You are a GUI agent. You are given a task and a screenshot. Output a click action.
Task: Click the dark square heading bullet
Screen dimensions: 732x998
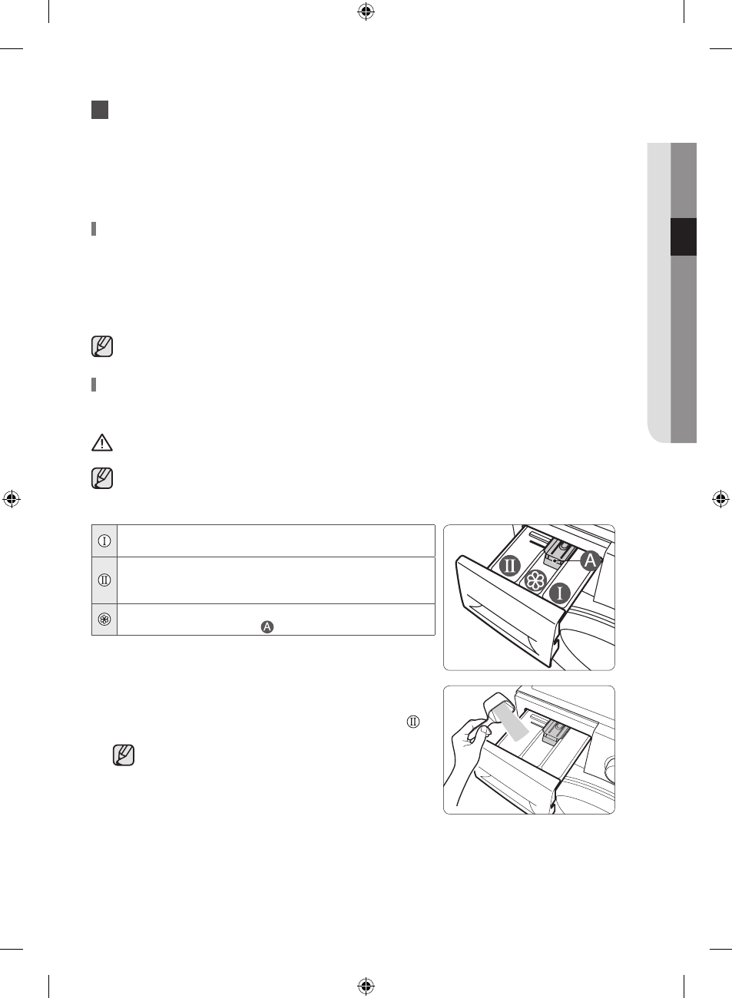pos(100,110)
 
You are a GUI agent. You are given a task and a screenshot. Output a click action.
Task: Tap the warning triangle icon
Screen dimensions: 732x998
pos(102,442)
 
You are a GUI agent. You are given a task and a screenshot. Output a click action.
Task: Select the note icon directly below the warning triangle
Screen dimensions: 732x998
pos(102,478)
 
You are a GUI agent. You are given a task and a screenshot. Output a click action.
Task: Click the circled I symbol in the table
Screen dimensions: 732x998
pos(104,541)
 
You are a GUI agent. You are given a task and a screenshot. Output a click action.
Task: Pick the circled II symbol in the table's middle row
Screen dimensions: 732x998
pos(104,580)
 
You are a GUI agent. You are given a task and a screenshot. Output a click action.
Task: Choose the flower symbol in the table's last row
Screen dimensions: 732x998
pos(104,620)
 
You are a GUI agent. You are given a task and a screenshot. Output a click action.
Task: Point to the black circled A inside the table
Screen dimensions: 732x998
pos(267,627)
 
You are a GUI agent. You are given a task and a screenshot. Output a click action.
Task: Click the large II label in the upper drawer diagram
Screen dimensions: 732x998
pos(510,566)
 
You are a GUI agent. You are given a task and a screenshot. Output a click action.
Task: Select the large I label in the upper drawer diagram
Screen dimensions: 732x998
pos(560,593)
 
